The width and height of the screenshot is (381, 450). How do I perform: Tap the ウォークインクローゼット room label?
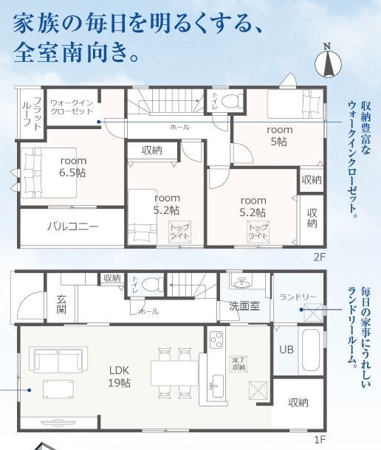[x=72, y=107]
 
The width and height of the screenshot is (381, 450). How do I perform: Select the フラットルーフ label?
[x=32, y=112]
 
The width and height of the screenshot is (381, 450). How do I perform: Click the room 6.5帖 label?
[x=72, y=167]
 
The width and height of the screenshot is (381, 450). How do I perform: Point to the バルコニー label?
[x=72, y=226]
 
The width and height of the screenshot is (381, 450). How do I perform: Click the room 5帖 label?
[x=279, y=136]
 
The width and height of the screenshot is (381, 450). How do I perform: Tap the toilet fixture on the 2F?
[x=231, y=100]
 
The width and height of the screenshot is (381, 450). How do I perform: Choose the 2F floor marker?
[x=319, y=257]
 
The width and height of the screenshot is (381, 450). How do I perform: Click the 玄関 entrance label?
[x=61, y=304]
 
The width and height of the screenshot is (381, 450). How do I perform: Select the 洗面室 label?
[x=244, y=306]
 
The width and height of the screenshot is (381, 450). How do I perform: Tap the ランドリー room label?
[x=298, y=297]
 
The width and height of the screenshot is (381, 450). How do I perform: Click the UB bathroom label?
[x=286, y=349]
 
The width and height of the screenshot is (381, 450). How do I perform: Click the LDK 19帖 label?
[x=119, y=376]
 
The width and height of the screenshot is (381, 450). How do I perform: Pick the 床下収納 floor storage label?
[x=238, y=364]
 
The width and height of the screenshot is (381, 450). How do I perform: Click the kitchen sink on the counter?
[x=216, y=387]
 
